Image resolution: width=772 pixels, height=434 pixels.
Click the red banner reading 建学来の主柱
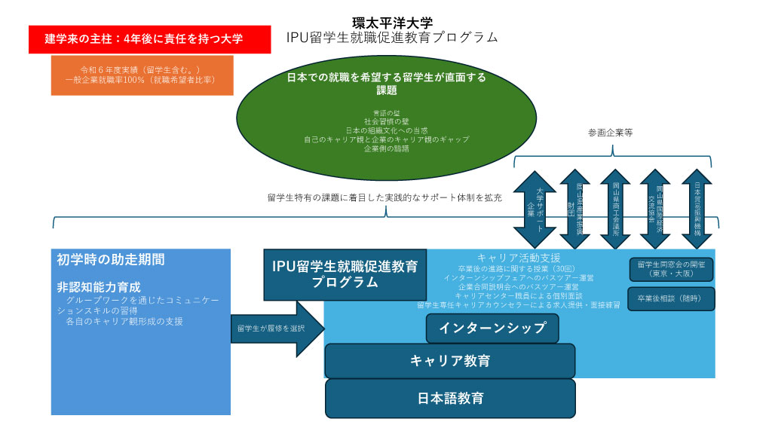coord(149,39)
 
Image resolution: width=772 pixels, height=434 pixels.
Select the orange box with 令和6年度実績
coord(142,75)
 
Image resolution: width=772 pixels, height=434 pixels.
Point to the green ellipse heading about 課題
coord(387,83)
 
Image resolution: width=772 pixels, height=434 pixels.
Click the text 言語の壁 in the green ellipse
coord(387,112)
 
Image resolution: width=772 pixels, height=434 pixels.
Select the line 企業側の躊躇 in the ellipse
coord(387,148)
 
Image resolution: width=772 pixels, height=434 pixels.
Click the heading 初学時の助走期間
coord(111,260)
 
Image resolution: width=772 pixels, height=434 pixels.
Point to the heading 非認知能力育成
coord(99,287)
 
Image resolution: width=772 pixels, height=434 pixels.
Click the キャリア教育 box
coord(449,361)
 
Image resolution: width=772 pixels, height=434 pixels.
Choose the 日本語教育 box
coord(450,398)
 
